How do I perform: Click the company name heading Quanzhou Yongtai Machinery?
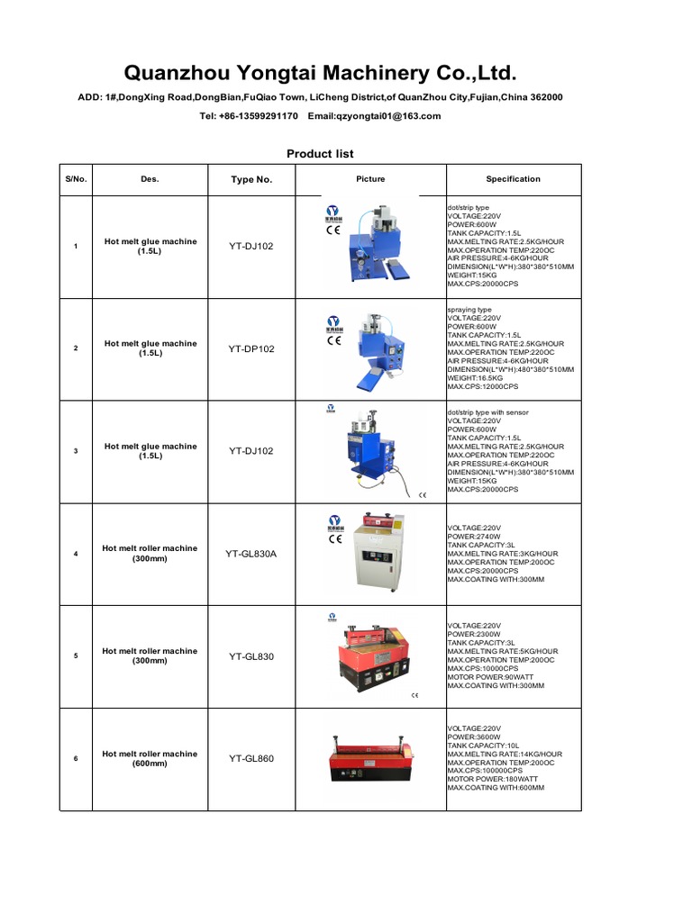320,72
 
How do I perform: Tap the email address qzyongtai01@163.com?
374,116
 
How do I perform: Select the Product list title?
320,154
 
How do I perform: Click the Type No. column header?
251,180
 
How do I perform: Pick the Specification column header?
513,179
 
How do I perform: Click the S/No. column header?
76,179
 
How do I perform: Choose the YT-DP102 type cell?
251,348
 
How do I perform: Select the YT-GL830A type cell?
251,554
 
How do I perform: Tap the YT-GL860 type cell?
251,759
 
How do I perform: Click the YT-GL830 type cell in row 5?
251,656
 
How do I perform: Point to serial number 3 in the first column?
76,451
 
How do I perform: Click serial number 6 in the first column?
76,759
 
